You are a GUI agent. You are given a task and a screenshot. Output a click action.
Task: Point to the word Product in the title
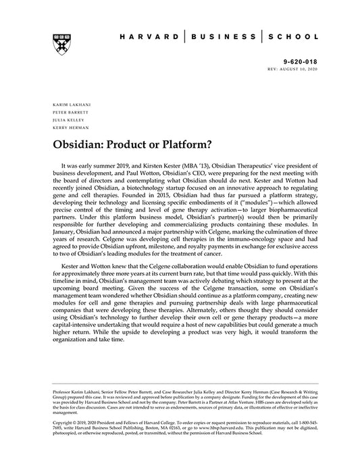(127, 144)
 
